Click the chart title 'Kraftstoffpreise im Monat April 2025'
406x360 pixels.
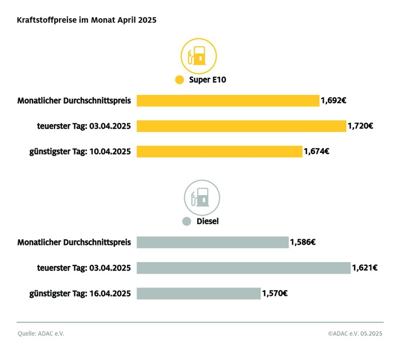point(86,19)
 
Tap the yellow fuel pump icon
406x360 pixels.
point(199,56)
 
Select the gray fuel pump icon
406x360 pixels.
point(201,197)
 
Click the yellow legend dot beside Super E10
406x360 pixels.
point(180,80)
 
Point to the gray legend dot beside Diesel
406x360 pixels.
point(185,221)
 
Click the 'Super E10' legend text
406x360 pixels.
point(208,80)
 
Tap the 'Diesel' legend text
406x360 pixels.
point(208,221)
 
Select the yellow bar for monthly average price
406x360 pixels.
point(228,101)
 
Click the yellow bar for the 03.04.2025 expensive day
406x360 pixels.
point(241,126)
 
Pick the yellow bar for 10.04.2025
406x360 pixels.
point(219,152)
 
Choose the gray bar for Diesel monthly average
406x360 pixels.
point(212,242)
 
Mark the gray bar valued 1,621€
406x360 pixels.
point(243,268)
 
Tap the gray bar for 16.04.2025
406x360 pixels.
point(198,294)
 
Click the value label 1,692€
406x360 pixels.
point(334,101)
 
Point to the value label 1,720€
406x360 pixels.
point(360,126)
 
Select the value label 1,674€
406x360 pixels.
point(316,152)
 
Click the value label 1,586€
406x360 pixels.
point(303,242)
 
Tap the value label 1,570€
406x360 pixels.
point(274,294)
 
